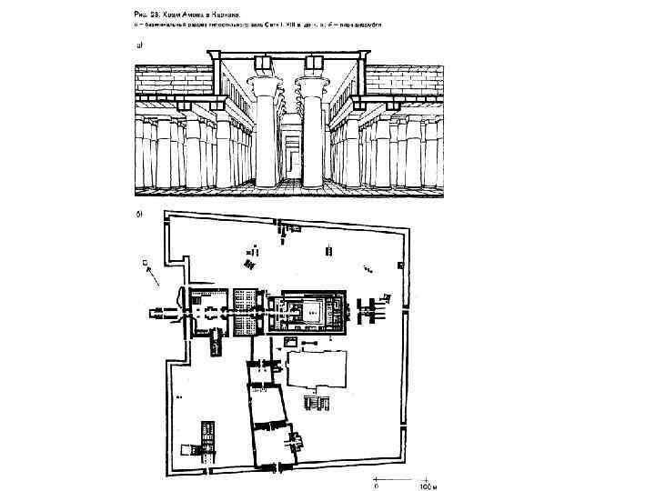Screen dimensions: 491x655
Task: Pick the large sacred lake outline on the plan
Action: point(317,372)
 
